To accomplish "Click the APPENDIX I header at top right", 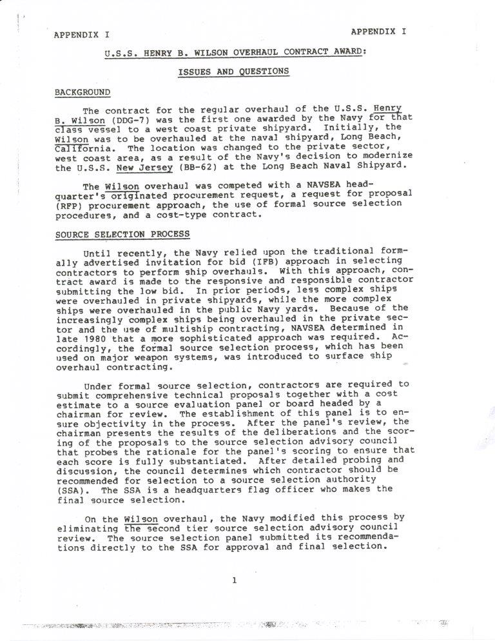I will click(378, 30).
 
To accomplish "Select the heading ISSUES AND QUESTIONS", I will click(233, 72).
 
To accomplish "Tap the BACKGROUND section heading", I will click(82, 93).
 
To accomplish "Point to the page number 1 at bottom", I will click(235, 580).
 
